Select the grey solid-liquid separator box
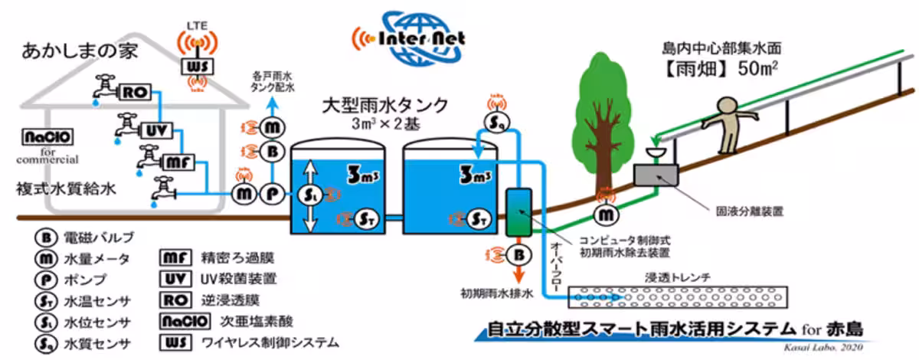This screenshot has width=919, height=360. (x=654, y=175)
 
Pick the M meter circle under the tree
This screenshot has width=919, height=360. (x=608, y=216)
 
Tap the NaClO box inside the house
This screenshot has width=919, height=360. (x=47, y=138)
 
